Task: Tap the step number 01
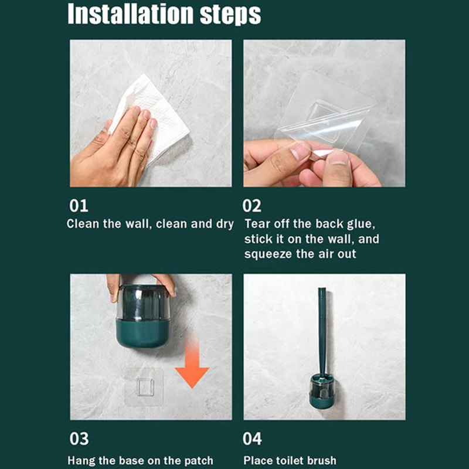coord(79,206)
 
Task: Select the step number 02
coord(253,206)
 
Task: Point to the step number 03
coord(79,439)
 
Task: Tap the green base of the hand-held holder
coord(142,334)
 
